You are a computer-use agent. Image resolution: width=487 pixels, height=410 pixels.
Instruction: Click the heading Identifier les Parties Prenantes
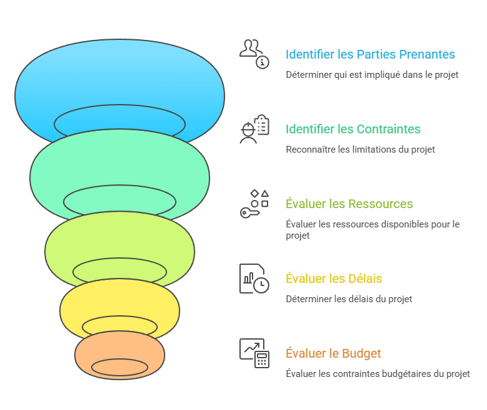370,55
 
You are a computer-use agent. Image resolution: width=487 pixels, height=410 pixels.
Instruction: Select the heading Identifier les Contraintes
353,130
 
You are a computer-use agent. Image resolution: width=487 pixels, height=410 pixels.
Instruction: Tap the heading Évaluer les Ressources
349,204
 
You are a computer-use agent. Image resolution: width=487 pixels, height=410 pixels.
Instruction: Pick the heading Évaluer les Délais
334,279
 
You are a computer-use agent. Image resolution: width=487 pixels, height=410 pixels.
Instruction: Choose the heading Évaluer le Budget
333,353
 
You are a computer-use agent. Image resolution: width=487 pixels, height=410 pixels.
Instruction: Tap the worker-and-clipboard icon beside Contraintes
254,129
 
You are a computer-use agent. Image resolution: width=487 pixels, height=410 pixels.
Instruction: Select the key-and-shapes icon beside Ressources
254,204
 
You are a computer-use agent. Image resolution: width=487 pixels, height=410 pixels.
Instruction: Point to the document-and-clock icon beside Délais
254,279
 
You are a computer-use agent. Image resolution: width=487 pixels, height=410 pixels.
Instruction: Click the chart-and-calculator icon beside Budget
254,353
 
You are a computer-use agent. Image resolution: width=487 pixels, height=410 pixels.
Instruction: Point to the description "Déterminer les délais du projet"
349,299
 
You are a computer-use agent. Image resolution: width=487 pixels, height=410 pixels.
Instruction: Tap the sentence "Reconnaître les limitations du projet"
360,150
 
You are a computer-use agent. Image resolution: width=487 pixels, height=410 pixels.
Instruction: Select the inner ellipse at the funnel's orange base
120,367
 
